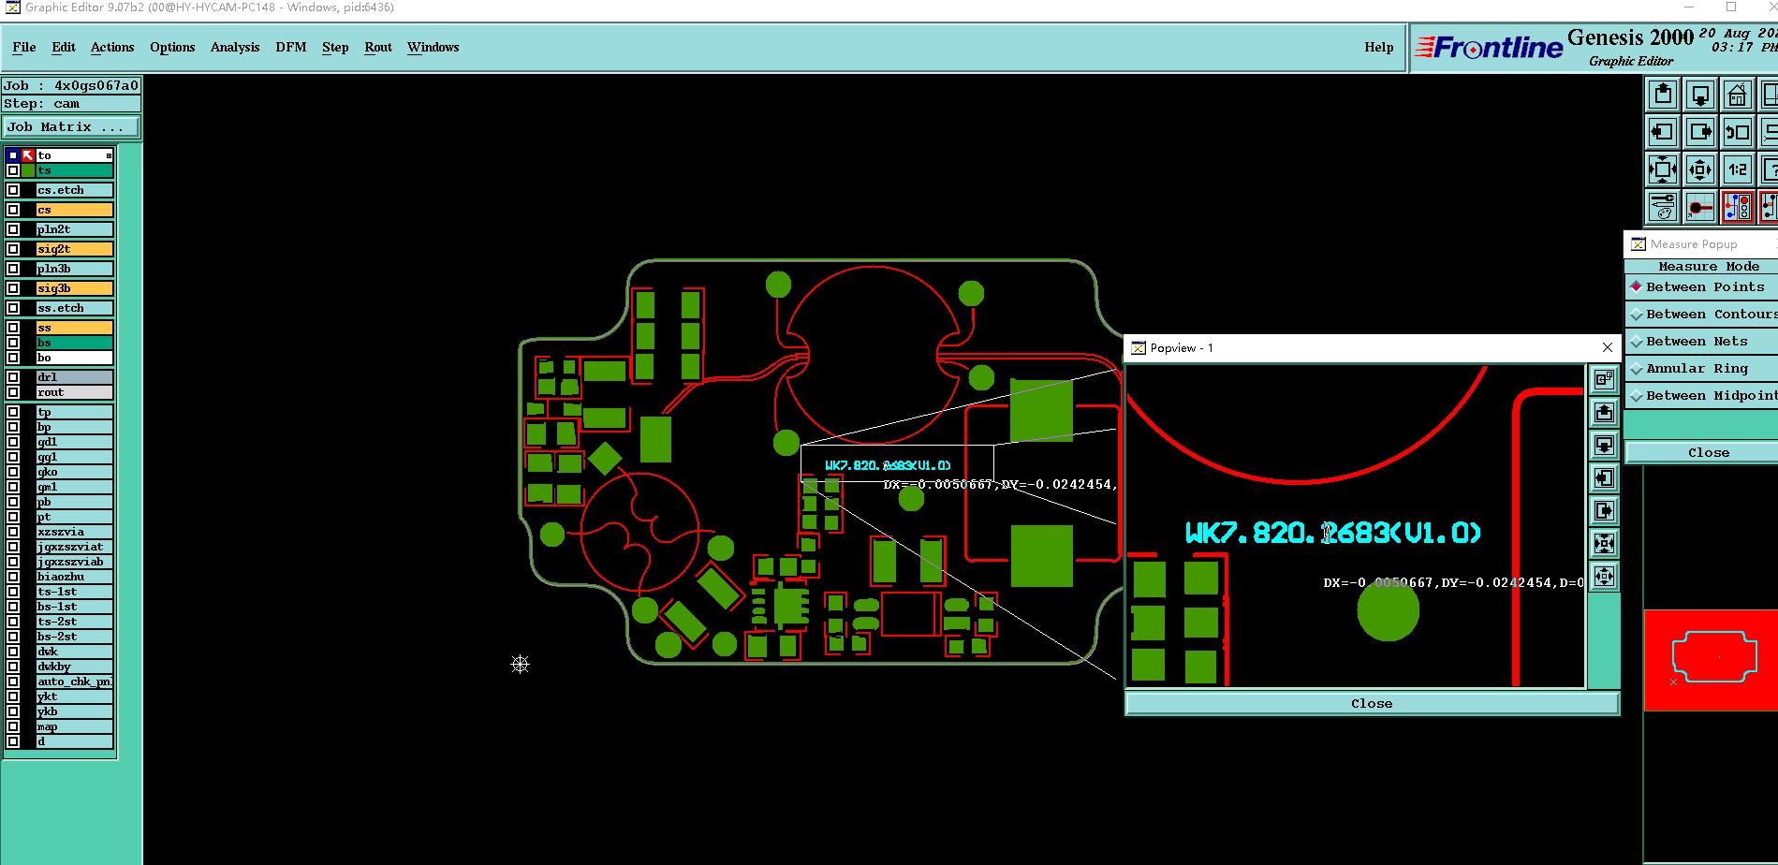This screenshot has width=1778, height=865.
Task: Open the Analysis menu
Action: point(235,47)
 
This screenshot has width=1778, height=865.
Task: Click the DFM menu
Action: point(290,47)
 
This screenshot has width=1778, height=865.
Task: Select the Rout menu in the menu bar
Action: point(378,47)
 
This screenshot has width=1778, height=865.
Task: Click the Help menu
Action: point(1378,47)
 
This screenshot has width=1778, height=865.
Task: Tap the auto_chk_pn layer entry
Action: point(74,682)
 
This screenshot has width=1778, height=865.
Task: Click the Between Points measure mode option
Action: point(1704,287)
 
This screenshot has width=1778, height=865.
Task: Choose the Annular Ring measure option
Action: point(1697,369)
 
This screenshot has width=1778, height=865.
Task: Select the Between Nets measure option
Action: point(1697,342)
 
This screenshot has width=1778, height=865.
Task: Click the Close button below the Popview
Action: point(1372,704)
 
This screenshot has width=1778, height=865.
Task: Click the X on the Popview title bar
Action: point(1608,347)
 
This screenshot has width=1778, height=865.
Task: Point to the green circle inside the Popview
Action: point(1388,610)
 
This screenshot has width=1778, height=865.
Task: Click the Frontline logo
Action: point(1490,47)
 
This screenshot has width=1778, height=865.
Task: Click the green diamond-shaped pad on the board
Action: point(605,459)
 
